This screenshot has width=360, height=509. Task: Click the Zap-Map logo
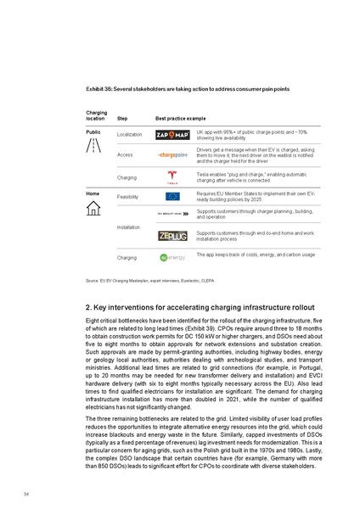pyautogui.click(x=172, y=135)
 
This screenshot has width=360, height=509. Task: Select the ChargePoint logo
pyautogui.click(x=172, y=155)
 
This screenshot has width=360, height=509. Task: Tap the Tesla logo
pyautogui.click(x=172, y=176)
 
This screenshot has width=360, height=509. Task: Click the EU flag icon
pyautogui.click(x=172, y=196)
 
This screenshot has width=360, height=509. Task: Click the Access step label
pyautogui.click(x=125, y=155)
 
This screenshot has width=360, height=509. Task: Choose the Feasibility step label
pyautogui.click(x=129, y=196)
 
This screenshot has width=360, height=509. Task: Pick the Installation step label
pyautogui.click(x=131, y=228)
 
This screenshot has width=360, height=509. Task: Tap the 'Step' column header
pyautogui.click(x=122, y=119)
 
